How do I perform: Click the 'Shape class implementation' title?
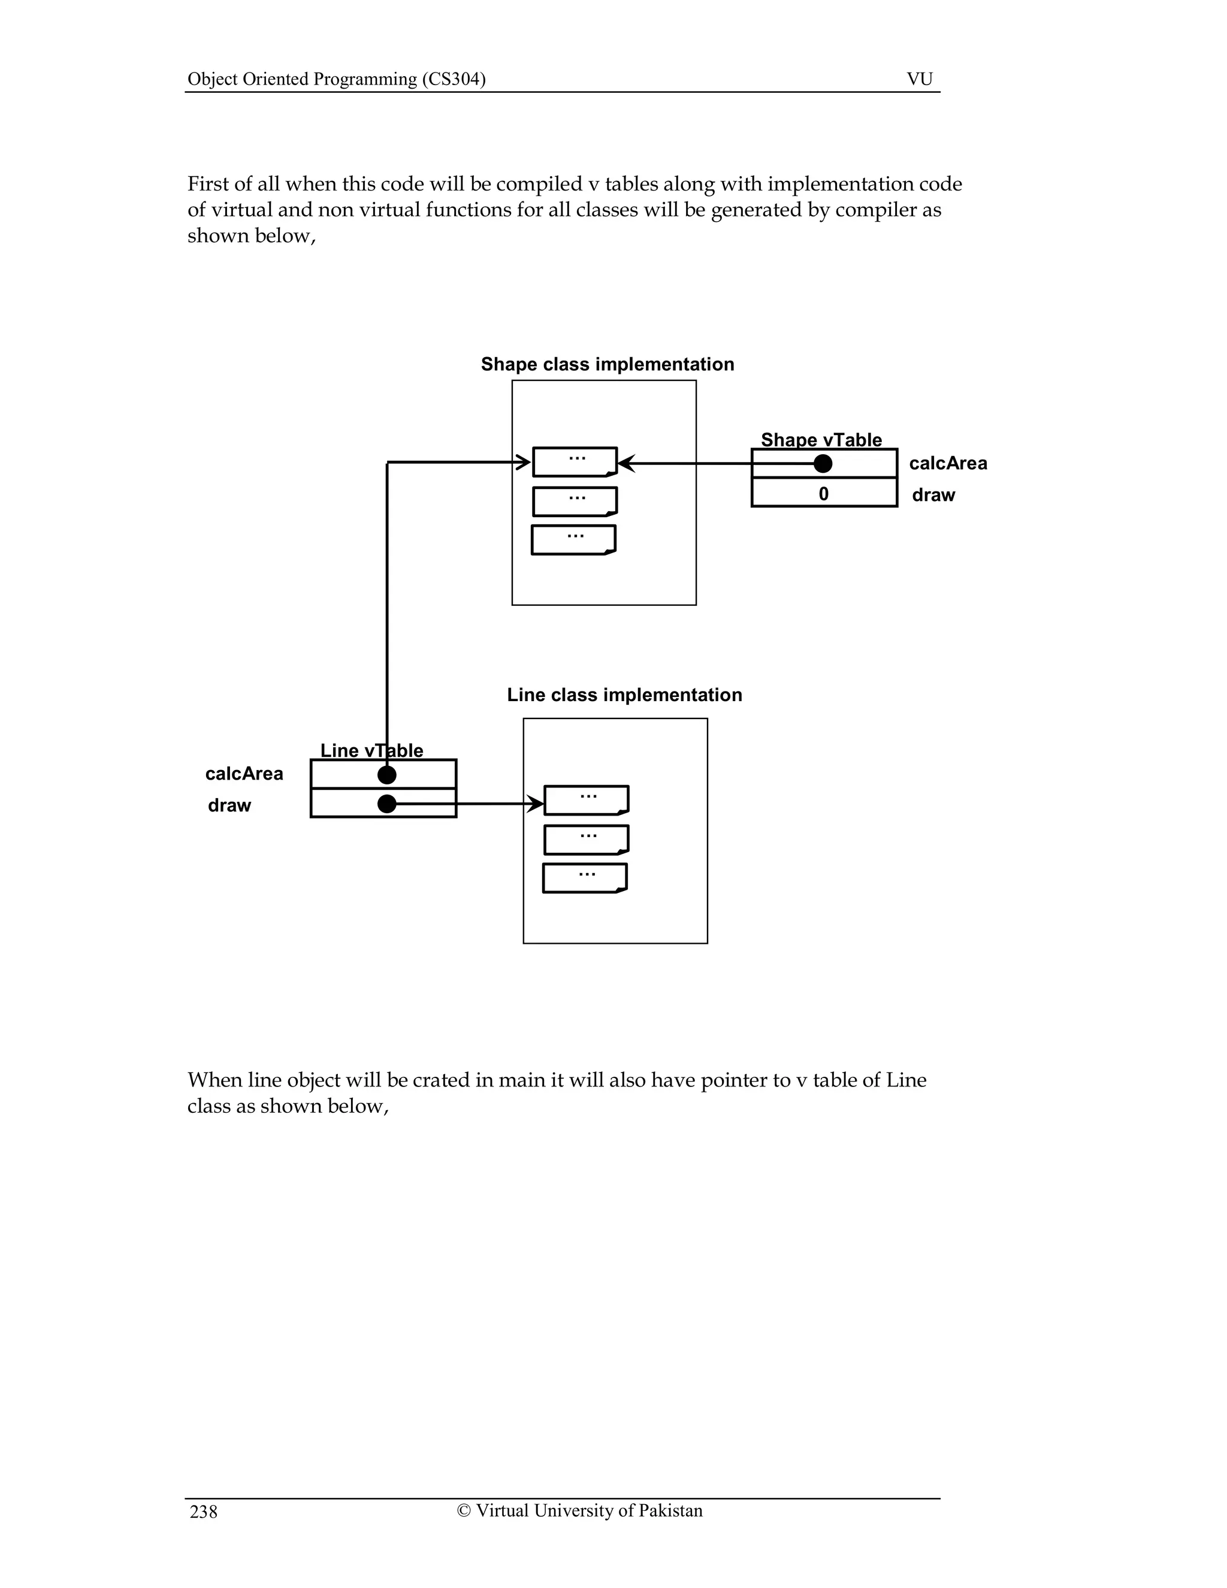click(x=607, y=364)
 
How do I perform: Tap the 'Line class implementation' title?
click(x=624, y=695)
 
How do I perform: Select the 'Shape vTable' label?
click(x=821, y=440)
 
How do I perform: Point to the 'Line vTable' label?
click(x=371, y=750)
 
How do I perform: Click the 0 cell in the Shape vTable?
click(x=824, y=494)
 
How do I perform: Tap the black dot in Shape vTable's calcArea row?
click(x=823, y=463)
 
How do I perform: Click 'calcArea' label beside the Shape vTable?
click(x=948, y=464)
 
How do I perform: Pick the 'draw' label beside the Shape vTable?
click(x=933, y=495)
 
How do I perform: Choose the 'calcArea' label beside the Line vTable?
click(x=244, y=774)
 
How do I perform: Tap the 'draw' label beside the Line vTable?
click(x=229, y=805)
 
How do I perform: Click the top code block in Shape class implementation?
click(x=575, y=461)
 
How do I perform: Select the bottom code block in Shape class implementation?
click(x=573, y=539)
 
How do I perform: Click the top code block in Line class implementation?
click(x=586, y=800)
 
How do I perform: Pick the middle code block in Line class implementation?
click(x=586, y=839)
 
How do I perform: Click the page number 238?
click(x=204, y=1512)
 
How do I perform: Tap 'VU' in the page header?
click(x=920, y=79)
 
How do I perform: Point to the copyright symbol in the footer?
click(x=464, y=1511)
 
